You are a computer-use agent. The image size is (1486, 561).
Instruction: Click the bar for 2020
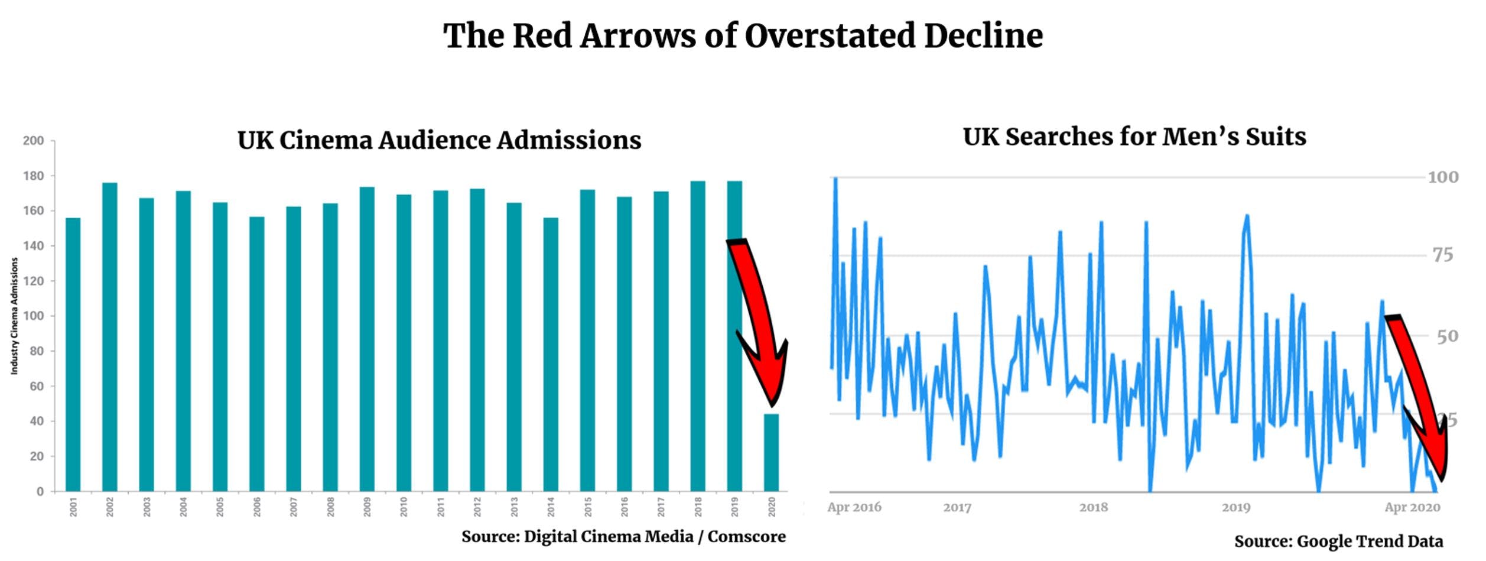coord(771,452)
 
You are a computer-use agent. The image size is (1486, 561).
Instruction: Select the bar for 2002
coord(110,337)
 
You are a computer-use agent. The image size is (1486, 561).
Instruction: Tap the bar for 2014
coord(551,355)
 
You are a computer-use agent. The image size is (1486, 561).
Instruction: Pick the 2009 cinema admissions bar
coord(367,339)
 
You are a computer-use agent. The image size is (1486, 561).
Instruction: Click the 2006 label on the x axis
coord(257,507)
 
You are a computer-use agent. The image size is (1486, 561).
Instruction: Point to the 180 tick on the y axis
coord(33,176)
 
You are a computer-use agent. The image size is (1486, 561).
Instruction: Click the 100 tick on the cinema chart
coord(33,316)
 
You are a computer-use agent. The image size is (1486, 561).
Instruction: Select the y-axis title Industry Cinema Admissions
coord(15,316)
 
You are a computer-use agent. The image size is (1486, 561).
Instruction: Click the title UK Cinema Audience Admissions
coord(439,141)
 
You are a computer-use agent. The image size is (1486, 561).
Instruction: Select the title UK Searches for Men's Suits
coord(1134,137)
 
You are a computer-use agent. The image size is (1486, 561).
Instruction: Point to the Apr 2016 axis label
coord(854,507)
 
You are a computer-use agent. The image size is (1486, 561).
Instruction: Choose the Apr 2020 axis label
coord(1412,507)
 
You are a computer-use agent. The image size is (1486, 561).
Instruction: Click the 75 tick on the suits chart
coord(1442,255)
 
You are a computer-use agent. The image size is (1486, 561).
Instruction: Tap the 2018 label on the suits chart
coord(1093,507)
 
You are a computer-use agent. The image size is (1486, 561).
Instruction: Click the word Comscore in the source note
coord(746,537)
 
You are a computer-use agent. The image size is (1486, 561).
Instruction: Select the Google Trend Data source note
coord(1338,541)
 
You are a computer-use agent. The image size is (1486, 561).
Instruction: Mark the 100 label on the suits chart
coord(1443,177)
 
